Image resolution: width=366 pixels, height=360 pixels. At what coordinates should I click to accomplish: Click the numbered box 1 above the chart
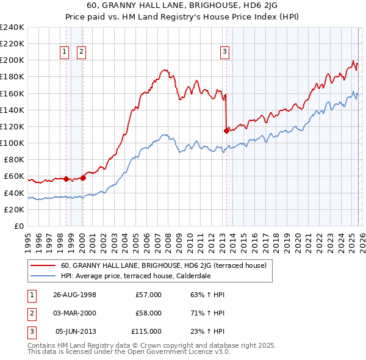click(x=65, y=52)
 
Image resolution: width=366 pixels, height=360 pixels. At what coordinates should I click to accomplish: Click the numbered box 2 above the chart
click(x=81, y=52)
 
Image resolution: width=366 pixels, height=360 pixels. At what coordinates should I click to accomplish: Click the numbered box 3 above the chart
click(x=224, y=52)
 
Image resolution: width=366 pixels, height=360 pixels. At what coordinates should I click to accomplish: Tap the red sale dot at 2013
click(x=226, y=130)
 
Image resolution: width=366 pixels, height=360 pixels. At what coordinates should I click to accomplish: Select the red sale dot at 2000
click(x=83, y=178)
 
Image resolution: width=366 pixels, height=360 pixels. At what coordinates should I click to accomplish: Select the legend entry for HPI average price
click(x=135, y=276)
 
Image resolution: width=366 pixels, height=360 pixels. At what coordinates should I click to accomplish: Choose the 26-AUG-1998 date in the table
click(x=74, y=295)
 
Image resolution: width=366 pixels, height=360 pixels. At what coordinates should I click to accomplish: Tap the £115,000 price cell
click(x=146, y=331)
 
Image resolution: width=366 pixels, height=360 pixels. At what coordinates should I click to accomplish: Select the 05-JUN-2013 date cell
click(x=74, y=331)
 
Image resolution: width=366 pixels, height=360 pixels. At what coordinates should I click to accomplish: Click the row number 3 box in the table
click(x=30, y=331)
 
